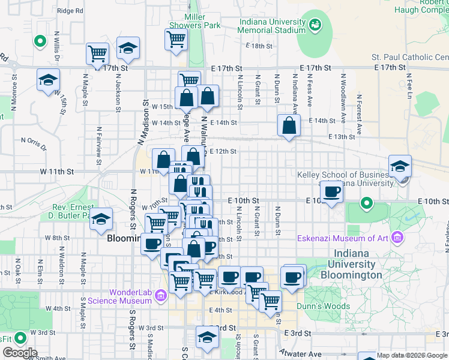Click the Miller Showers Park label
[x=194, y=21]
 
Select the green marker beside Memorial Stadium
[x=315, y=25]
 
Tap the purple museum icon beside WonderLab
[x=160, y=295]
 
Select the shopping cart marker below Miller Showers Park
[x=176, y=40]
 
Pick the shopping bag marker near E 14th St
[x=289, y=126]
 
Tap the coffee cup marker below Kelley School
[x=332, y=192]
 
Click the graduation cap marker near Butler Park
[x=102, y=220]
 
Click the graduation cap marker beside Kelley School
[x=400, y=166]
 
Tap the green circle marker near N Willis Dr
[x=40, y=42]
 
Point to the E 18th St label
[x=259, y=46]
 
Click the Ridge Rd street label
[x=70, y=11]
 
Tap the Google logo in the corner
[x=19, y=353]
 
